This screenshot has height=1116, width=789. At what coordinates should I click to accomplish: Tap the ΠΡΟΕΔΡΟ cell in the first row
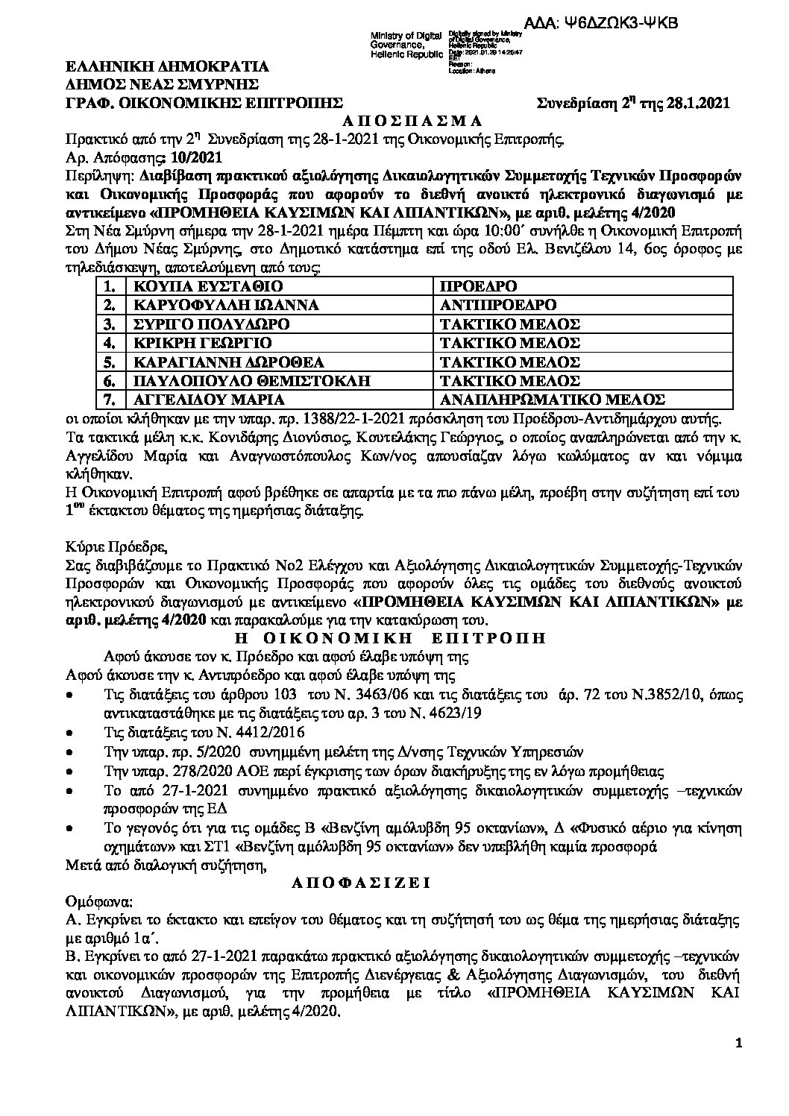477,287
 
